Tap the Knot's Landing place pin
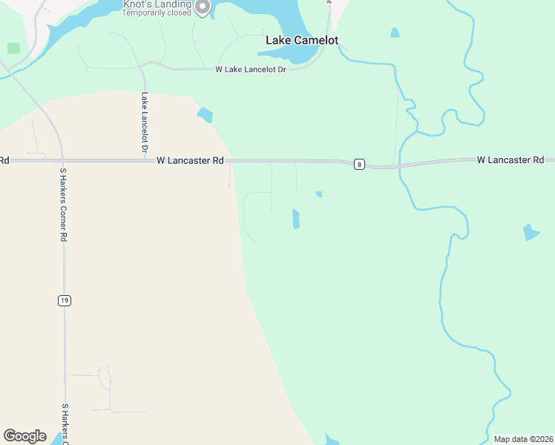click(201, 7)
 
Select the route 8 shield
click(359, 164)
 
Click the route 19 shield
click(65, 300)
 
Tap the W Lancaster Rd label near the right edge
click(510, 159)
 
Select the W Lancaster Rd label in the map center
click(190, 160)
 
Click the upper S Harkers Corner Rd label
click(64, 205)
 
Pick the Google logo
click(24, 436)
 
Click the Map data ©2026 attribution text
click(523, 439)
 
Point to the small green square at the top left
click(13, 48)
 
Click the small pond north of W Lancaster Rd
click(205, 115)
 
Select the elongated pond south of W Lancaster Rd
click(295, 219)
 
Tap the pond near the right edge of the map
click(531, 232)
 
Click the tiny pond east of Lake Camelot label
click(395, 33)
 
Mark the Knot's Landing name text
click(157, 4)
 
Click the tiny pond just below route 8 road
click(318, 194)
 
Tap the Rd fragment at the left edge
click(4, 160)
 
